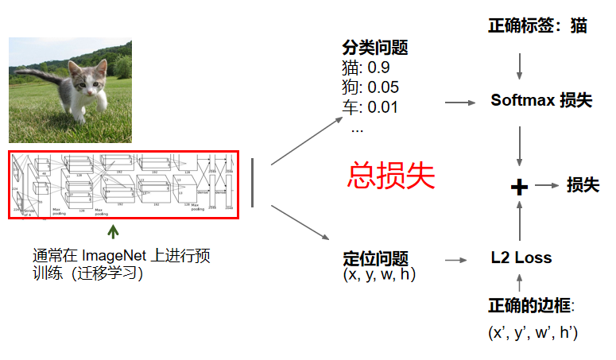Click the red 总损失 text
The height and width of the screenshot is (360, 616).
pyautogui.click(x=391, y=176)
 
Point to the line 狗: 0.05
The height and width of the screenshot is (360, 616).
pyautogui.click(x=370, y=87)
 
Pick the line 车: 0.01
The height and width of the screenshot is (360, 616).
pyautogui.click(x=370, y=106)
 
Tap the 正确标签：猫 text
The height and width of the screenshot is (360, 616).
pyautogui.click(x=537, y=25)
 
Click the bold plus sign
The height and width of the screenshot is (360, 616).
pyautogui.click(x=519, y=187)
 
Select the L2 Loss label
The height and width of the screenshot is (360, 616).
pyautogui.click(x=521, y=257)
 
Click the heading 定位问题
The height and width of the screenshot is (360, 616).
pyautogui.click(x=375, y=258)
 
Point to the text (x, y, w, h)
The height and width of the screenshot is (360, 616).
pyautogui.click(x=379, y=275)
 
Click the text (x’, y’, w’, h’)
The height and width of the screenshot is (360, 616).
pyautogui.click(x=533, y=331)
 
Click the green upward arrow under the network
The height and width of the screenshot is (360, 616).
pyautogui.click(x=114, y=231)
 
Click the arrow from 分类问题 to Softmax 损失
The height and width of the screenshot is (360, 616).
pyautogui.click(x=460, y=103)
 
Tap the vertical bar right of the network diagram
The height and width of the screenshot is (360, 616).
pyautogui.click(x=253, y=183)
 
